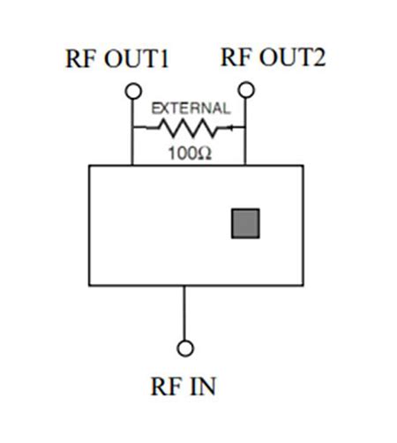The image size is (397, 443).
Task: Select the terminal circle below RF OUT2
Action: point(246,89)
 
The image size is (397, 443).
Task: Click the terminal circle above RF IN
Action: point(184,347)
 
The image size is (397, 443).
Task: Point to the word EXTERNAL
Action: point(191,109)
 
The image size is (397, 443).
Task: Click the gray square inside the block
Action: point(244,224)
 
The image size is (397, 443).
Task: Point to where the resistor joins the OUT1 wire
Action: point(133,128)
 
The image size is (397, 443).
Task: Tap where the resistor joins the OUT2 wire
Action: point(246,128)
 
